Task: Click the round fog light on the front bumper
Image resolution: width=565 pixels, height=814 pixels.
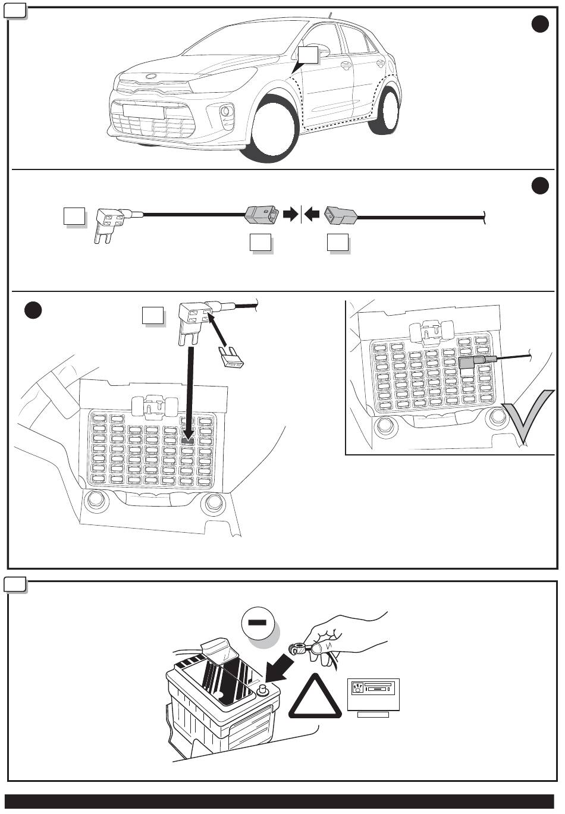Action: coord(226,111)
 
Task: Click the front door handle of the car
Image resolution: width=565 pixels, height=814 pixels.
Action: coord(346,65)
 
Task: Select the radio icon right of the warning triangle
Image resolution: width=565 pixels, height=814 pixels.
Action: coord(373,694)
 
